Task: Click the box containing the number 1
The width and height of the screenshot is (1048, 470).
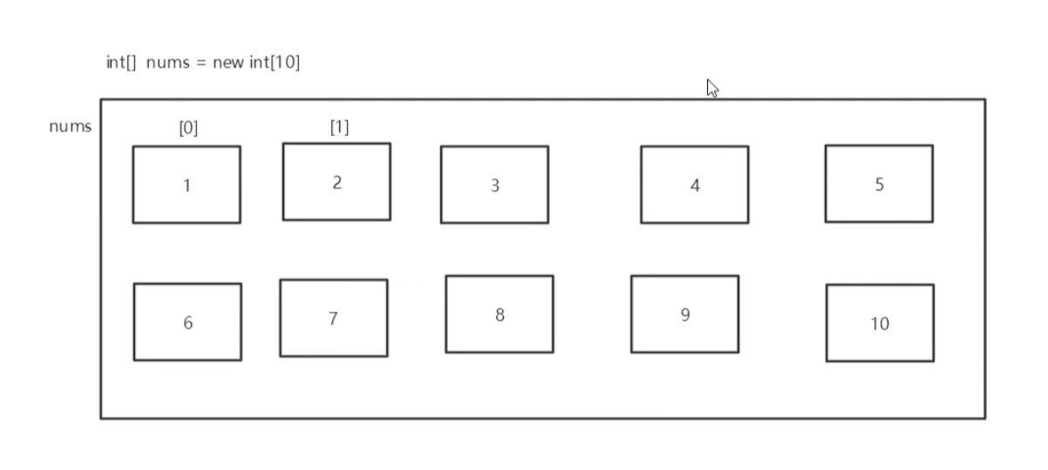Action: point(187,185)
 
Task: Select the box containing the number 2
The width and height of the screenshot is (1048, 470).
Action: point(337,181)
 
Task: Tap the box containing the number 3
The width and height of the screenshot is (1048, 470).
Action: point(494,185)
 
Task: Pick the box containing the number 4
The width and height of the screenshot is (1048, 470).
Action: point(694,185)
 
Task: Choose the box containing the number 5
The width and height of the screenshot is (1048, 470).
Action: point(879,184)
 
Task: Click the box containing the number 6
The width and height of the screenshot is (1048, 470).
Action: point(187,322)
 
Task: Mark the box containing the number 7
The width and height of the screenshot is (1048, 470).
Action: point(333,318)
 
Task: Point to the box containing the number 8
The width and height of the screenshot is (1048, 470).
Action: point(499,314)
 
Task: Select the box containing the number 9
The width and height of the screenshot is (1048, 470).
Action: point(684,314)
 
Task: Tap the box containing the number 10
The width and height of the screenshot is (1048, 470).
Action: point(880,323)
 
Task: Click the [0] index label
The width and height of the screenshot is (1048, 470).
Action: point(188,128)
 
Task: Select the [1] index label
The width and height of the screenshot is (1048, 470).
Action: point(339,127)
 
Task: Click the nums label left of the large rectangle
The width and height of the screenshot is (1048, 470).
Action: point(70,126)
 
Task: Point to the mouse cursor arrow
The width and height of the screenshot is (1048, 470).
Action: point(711,87)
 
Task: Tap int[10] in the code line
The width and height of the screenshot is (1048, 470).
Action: point(275,63)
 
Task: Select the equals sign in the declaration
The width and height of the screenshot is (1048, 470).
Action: point(201,64)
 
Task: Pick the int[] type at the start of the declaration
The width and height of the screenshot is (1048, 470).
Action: point(121,63)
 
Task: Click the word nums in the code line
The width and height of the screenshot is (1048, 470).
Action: point(168,64)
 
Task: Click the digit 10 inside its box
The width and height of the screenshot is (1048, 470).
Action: point(880,324)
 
